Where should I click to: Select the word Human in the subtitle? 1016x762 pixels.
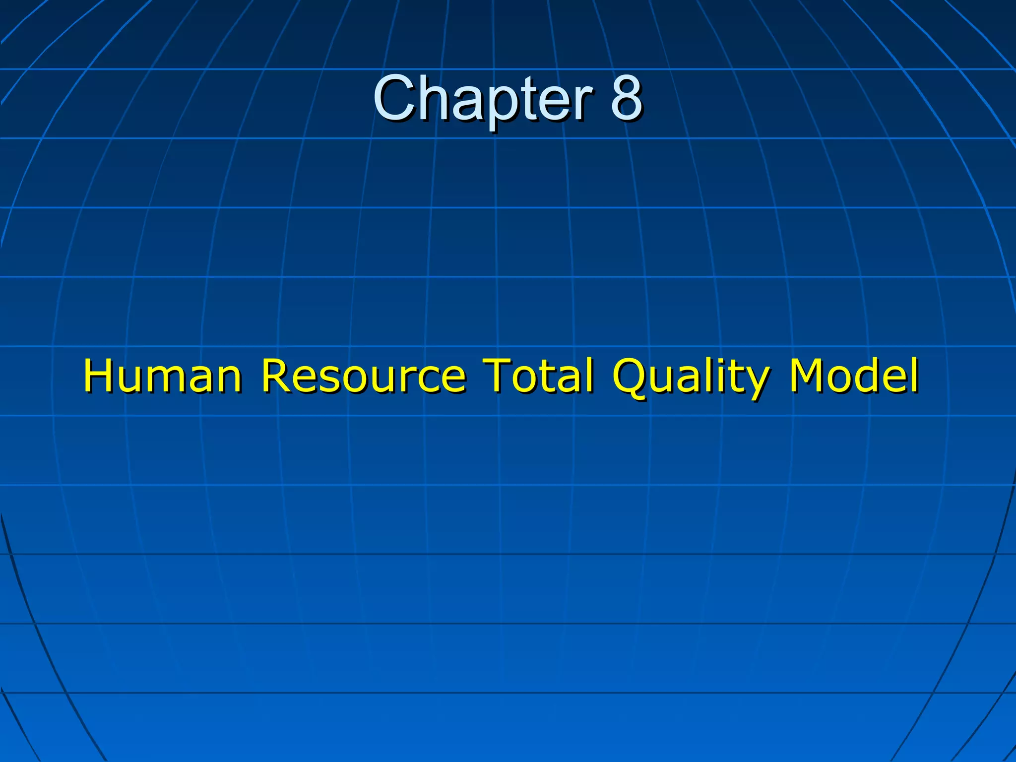coord(162,376)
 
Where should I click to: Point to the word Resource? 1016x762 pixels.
coord(363,376)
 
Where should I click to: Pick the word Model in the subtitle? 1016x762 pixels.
coord(853,376)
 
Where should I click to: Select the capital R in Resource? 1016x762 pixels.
coord(275,376)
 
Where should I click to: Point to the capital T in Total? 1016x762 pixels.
coord(498,376)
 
